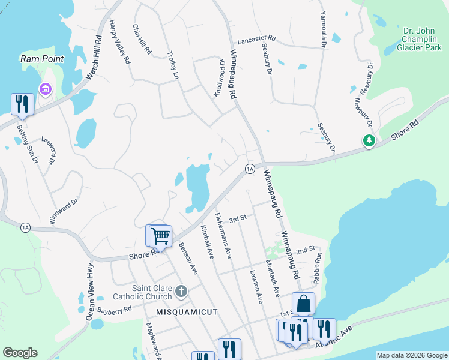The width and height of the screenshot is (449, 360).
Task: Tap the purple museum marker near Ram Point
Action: (x=44, y=89)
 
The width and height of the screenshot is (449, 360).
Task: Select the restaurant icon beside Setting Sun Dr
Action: (x=22, y=103)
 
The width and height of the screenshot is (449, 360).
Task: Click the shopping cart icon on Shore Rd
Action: (x=160, y=235)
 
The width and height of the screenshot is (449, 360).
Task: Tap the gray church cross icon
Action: (x=181, y=292)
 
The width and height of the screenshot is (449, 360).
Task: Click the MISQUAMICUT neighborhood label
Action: (x=187, y=312)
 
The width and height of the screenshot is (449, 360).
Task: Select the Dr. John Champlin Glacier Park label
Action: (x=418, y=38)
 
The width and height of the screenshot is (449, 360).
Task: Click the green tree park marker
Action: (x=369, y=140)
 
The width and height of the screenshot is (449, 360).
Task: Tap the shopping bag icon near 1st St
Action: (x=303, y=303)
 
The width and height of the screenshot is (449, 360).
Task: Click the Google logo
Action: (x=20, y=353)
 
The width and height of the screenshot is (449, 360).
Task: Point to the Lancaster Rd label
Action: (x=256, y=39)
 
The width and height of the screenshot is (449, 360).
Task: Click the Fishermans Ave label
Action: (x=224, y=235)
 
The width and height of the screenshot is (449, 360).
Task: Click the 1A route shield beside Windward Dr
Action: (x=25, y=227)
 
